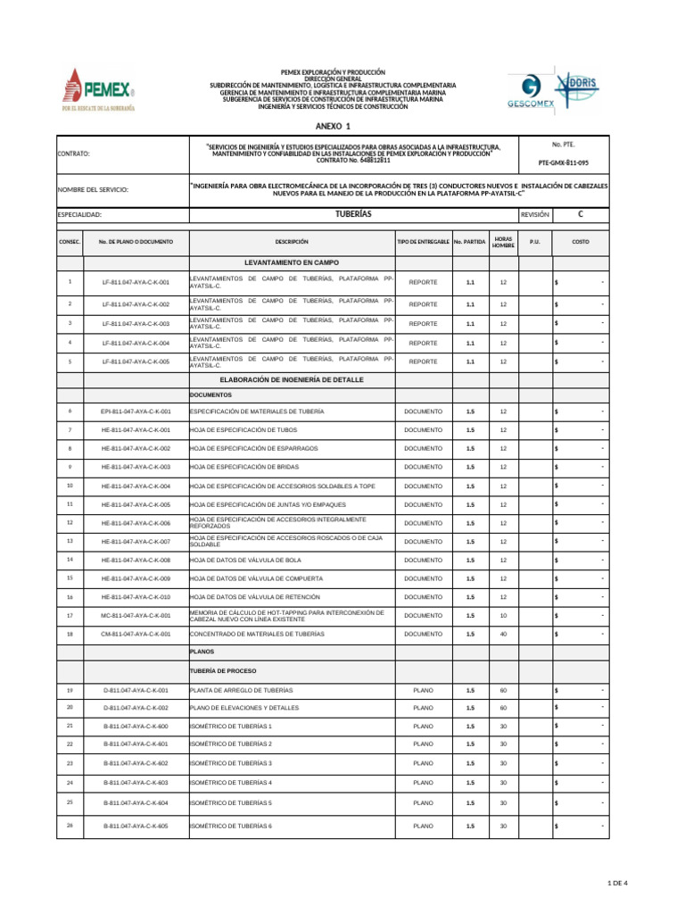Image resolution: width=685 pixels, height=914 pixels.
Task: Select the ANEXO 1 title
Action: [x=334, y=126]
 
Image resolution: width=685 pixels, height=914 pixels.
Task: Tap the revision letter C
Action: [x=581, y=215]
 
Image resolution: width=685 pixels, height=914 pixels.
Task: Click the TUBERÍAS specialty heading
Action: [x=353, y=215]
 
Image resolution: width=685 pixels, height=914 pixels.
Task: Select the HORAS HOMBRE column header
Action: [x=503, y=242]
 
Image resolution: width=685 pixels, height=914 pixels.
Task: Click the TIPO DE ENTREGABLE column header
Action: [x=423, y=242]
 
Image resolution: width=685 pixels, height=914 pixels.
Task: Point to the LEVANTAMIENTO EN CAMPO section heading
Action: [x=292, y=262]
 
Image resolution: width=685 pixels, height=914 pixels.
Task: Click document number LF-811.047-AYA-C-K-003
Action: [x=136, y=324]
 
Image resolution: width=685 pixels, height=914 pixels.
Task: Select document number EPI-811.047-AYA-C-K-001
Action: [x=136, y=411]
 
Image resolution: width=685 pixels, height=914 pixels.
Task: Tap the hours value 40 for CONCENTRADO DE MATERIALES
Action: [x=503, y=634]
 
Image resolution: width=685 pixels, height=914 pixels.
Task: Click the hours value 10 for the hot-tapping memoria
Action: [x=503, y=615]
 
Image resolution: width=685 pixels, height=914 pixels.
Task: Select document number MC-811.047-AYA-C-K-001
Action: [x=136, y=615]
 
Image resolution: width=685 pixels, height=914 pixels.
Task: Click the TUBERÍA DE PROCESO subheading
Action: [x=223, y=670]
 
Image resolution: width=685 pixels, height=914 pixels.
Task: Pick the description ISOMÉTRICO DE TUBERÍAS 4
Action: [x=231, y=783]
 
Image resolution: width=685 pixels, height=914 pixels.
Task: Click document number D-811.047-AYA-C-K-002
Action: [x=136, y=707]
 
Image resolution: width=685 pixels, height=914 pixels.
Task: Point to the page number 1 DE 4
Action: [x=616, y=883]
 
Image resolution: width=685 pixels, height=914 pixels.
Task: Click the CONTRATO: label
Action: [x=74, y=154]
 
